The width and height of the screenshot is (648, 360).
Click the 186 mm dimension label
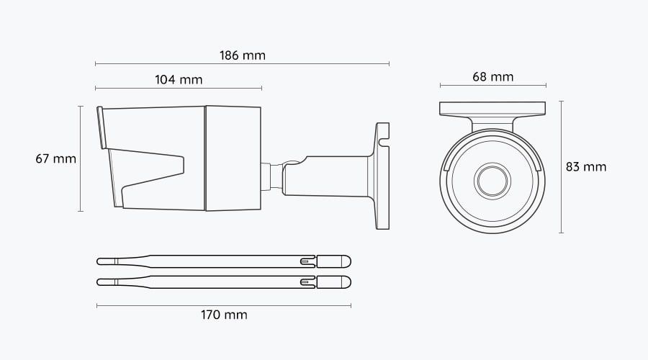241,55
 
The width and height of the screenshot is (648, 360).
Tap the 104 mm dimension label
179,79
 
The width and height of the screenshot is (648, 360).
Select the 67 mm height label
55,158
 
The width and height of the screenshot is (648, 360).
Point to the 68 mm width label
493,77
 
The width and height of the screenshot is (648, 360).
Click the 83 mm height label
585,167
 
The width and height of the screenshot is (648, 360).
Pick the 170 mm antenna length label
224,315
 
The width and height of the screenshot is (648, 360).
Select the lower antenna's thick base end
333,282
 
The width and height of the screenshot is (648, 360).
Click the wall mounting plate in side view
382,176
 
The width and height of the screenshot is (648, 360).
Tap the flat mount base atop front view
492,109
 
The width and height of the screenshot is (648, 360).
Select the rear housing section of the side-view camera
233,158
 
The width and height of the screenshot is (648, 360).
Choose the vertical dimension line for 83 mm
561,167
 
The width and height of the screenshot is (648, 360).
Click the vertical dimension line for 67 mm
80,158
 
